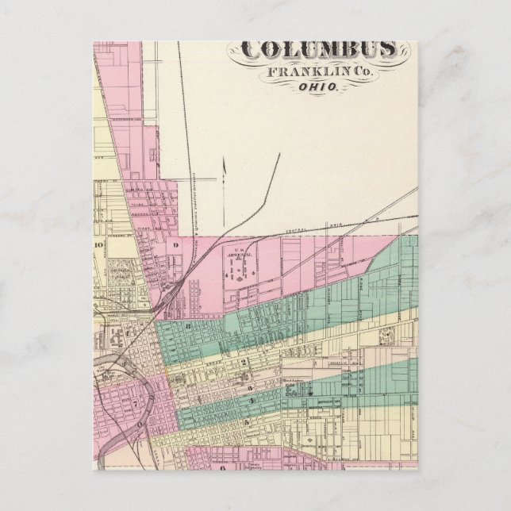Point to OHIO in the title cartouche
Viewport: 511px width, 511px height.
320,88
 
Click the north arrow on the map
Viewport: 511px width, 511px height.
224,171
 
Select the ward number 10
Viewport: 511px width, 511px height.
99,245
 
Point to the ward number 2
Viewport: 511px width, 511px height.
245,362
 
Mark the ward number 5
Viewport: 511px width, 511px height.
247,421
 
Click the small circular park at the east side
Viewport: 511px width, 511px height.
388,336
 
